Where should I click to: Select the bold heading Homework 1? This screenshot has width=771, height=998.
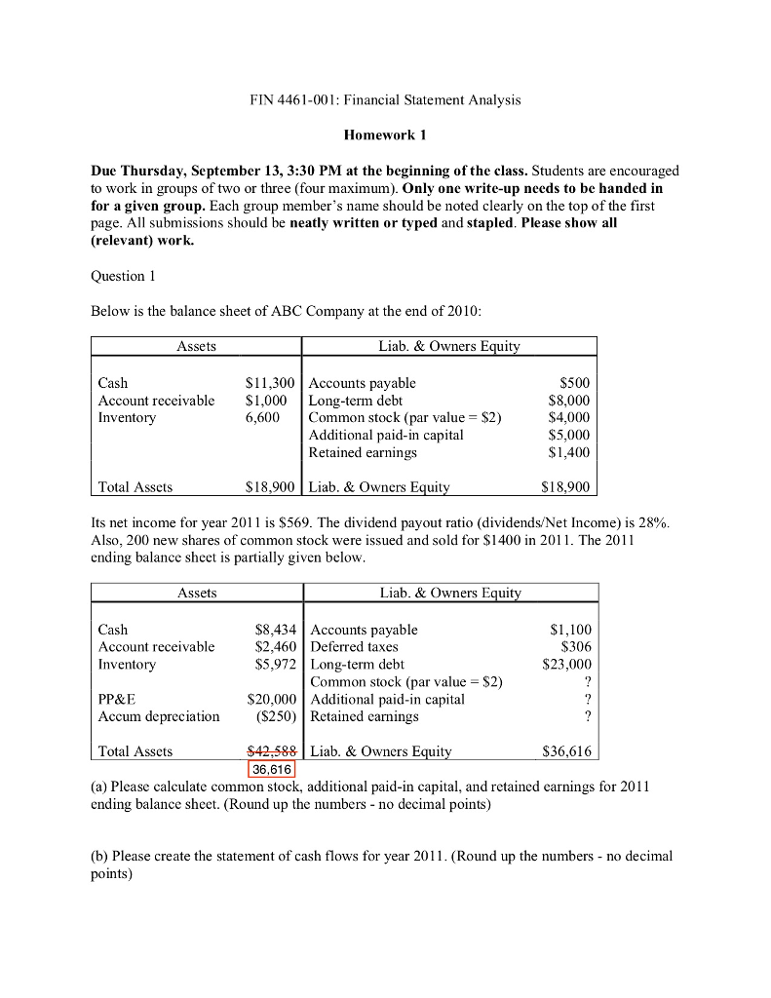pos(385,134)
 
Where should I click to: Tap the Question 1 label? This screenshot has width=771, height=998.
pos(117,276)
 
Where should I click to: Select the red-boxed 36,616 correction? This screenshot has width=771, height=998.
pos(270,769)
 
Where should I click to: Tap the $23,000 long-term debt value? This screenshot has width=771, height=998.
pos(566,665)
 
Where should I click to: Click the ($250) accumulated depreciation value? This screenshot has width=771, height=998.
pos(273,716)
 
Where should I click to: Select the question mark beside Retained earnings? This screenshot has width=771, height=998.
pos(587,716)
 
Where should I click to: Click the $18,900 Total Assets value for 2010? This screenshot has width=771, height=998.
pos(270,486)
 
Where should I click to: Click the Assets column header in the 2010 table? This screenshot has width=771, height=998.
pos(196,346)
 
